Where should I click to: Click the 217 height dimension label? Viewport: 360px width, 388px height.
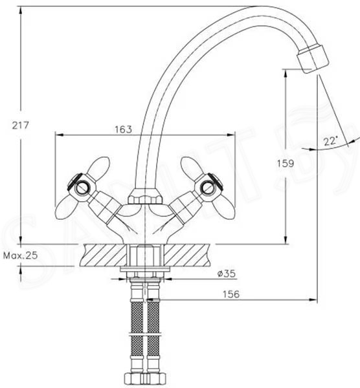21,125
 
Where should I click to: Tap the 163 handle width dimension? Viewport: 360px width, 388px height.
123,129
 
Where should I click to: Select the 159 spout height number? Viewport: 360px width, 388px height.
285,164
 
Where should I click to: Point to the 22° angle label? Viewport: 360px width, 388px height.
331,141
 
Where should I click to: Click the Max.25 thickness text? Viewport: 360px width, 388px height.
20,255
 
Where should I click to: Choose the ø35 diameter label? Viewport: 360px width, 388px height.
226,274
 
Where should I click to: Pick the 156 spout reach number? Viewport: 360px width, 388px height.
231,294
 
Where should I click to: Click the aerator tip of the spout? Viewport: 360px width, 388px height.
313,58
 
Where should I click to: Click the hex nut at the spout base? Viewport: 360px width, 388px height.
144,197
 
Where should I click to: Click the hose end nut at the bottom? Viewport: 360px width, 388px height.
145,378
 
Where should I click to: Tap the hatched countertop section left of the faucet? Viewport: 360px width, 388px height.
104,255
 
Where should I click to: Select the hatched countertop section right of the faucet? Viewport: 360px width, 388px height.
186,255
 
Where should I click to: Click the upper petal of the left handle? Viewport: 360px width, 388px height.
98,166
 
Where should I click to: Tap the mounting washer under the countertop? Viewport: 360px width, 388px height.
145,269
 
